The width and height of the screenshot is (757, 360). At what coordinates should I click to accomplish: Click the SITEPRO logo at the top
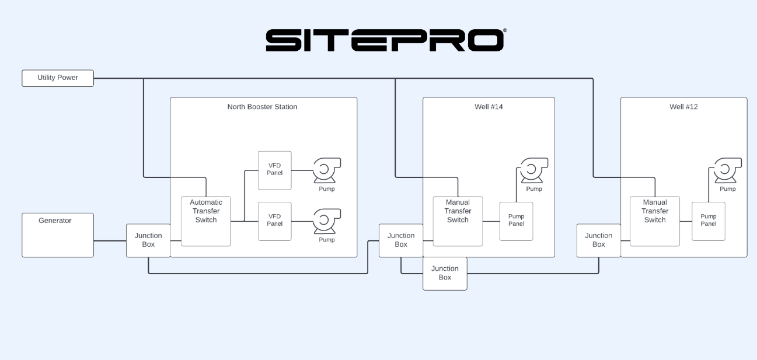point(385,40)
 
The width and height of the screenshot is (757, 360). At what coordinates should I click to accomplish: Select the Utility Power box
point(58,78)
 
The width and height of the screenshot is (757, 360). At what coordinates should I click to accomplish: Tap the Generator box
point(58,235)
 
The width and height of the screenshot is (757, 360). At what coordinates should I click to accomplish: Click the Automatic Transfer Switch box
point(206,221)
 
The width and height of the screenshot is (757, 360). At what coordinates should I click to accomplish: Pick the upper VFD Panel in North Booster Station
point(275,170)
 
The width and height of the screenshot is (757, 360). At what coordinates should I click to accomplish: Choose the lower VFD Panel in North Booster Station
point(275,221)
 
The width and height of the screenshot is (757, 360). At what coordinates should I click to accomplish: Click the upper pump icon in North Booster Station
point(326,170)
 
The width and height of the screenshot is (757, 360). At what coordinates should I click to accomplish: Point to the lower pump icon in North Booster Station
point(326,221)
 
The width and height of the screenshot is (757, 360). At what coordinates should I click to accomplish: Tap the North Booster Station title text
point(262,107)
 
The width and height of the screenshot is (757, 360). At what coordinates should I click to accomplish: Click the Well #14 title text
point(489,107)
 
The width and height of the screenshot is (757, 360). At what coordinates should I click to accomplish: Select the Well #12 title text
point(683,107)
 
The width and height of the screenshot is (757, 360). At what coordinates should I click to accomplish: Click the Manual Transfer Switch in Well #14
point(458,221)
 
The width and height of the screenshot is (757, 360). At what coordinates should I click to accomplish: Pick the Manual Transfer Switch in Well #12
point(655,221)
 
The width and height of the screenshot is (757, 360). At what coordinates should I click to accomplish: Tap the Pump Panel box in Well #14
point(516,221)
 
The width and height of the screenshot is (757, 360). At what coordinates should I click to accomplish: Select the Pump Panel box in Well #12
point(709,221)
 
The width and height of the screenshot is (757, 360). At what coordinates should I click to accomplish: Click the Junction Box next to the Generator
point(148,240)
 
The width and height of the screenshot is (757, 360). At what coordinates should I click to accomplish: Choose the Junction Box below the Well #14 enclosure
point(445,273)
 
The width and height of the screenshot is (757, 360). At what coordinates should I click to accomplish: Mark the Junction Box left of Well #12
point(598,240)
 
